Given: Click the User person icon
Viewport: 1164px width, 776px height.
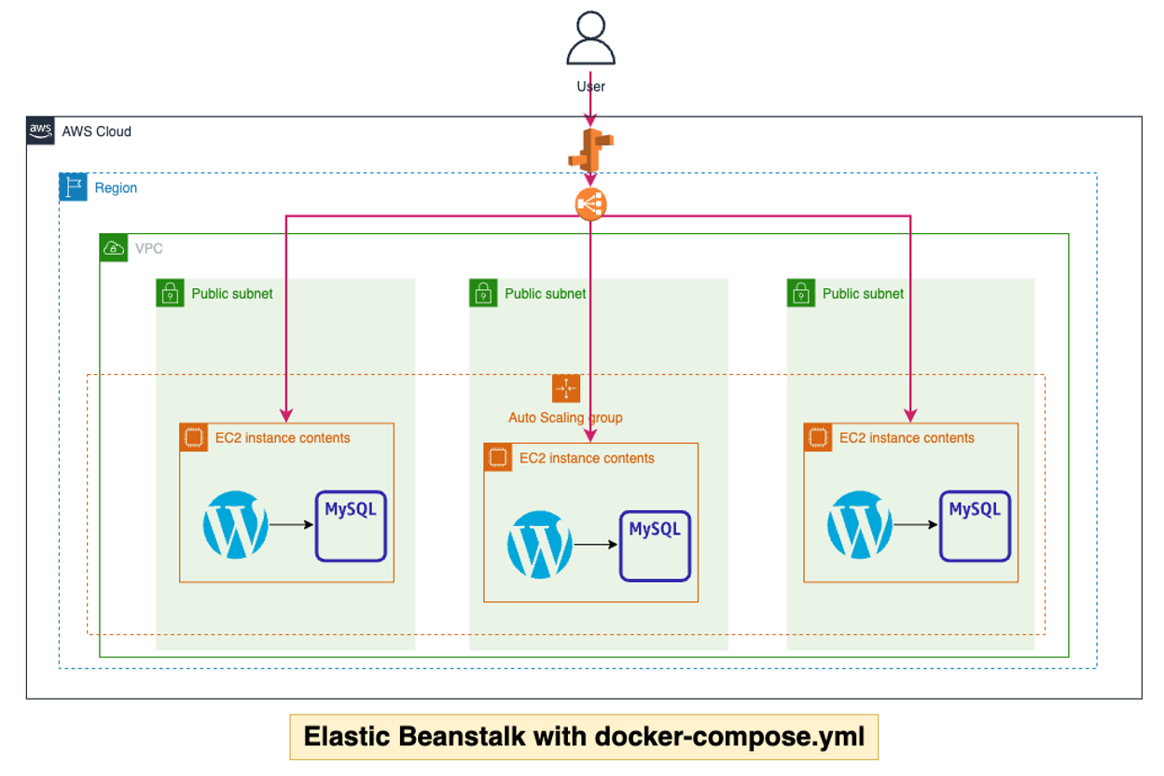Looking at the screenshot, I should pos(590,40).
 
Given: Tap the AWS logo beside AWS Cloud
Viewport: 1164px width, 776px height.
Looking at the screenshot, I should pos(40,131).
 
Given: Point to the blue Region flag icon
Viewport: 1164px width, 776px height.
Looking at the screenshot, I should pos(74,187).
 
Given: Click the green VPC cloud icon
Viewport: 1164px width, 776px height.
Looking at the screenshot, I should pos(113,247).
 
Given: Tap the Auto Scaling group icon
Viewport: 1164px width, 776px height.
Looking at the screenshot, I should pos(566,388).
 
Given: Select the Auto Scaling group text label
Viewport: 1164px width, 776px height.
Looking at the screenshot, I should pos(565,417).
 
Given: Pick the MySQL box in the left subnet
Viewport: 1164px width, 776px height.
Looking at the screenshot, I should pos(351,526).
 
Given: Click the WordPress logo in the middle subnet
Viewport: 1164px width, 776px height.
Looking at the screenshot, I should pos(540,545).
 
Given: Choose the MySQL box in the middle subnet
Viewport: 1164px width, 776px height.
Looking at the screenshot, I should pos(655,546).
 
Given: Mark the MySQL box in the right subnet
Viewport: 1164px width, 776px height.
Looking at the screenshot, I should pos(975,526).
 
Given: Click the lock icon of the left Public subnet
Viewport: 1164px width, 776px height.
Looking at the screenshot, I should pos(170,293).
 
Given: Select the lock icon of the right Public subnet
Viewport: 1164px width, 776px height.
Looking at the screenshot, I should pos(800,293).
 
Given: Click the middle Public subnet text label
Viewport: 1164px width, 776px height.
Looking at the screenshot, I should pos(546,294).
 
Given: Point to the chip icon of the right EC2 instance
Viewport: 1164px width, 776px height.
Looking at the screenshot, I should pos(818,437).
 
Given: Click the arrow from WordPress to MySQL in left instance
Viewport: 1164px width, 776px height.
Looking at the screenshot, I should pos(291,524).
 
